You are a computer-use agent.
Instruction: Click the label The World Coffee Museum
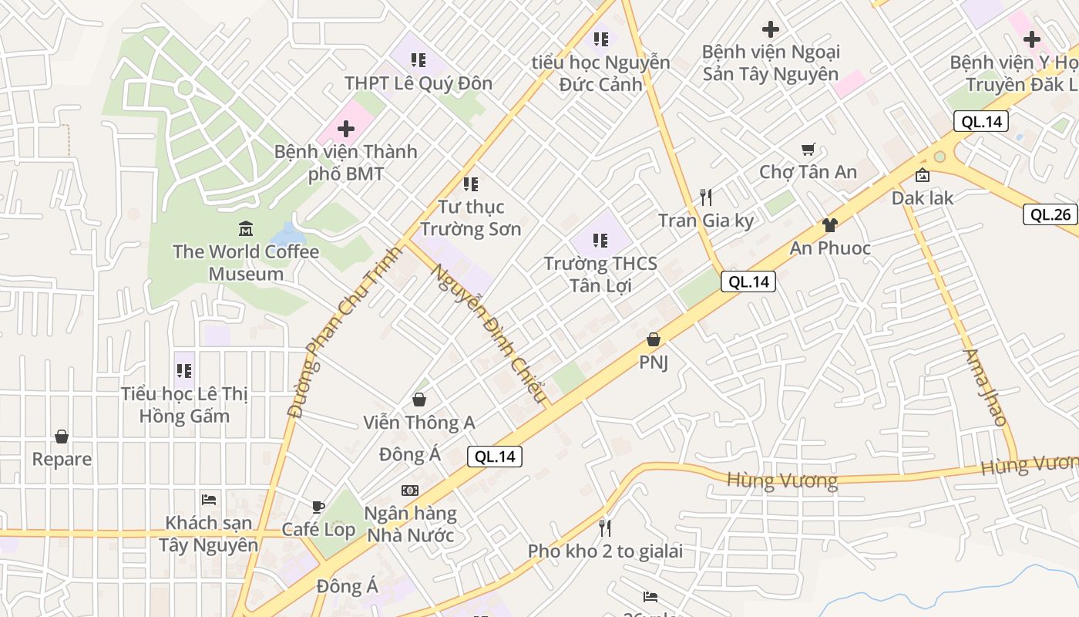(246, 262)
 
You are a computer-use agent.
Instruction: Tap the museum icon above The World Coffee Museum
(246, 228)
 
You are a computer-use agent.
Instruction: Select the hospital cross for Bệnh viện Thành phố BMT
(346, 129)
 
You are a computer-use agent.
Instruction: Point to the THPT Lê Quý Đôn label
(418, 83)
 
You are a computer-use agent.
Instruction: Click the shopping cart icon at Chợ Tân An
(808, 149)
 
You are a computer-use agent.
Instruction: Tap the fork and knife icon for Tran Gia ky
(705, 197)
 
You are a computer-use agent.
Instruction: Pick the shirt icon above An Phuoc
(829, 225)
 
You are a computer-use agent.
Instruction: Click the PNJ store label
(654, 362)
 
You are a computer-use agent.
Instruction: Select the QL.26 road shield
(1050, 214)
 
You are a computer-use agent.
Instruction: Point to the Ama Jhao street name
(985, 388)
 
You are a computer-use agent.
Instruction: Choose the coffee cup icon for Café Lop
(318, 507)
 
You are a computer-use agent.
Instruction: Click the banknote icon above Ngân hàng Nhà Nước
(410, 491)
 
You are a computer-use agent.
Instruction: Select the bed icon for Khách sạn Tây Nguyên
(208, 500)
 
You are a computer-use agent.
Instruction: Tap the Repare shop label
(62, 459)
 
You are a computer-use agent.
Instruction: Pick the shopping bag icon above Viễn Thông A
(419, 400)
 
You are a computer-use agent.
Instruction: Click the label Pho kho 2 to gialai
(605, 551)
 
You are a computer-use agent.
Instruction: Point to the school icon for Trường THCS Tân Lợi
(600, 241)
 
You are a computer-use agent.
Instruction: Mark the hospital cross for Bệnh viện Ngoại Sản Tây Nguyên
(770, 29)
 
